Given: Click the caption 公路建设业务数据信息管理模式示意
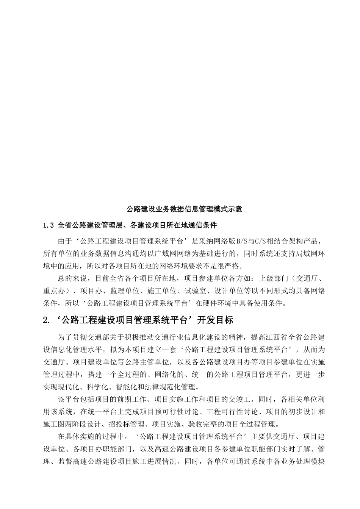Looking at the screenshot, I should pyautogui.click(x=184, y=209).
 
